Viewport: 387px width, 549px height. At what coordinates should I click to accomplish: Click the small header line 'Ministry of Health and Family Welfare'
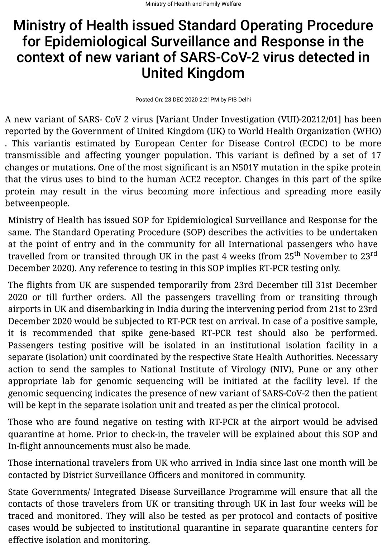click(193, 4)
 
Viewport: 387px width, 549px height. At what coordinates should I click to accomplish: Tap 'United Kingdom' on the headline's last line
click(193, 73)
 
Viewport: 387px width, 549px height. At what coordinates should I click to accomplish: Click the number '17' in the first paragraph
click(376, 155)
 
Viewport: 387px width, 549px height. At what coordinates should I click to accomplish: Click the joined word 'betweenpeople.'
click(36, 203)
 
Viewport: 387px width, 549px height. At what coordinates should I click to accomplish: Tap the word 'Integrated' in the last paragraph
click(117, 492)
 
